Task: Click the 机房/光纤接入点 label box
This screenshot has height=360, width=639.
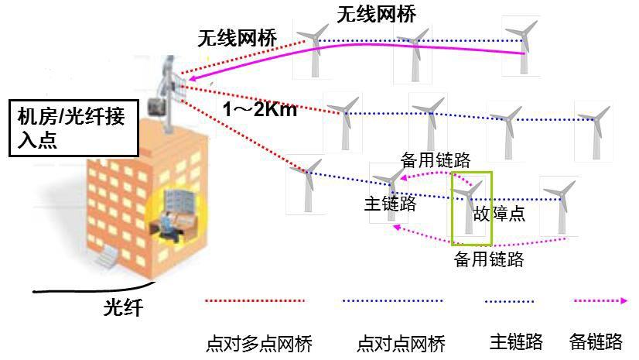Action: pyautogui.click(x=73, y=128)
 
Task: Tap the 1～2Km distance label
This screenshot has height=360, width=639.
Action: pyautogui.click(x=260, y=109)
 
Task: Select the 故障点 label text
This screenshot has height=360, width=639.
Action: pyautogui.click(x=499, y=213)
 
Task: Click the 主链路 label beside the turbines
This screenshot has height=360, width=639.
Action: pyautogui.click(x=390, y=204)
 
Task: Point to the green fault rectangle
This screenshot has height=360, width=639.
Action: pyautogui.click(x=472, y=208)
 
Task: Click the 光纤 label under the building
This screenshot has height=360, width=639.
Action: pyautogui.click(x=123, y=307)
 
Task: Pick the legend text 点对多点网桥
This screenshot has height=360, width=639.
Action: pyautogui.click(x=259, y=343)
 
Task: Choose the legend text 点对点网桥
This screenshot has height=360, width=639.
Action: pyautogui.click(x=401, y=343)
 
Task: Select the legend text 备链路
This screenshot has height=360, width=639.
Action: pyautogui.click(x=596, y=341)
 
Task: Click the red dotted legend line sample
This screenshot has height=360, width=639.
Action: pyautogui.click(x=255, y=301)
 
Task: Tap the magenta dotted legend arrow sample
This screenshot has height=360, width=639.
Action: pyautogui.click(x=600, y=301)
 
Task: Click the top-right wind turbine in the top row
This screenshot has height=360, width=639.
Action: pyautogui.click(x=521, y=46)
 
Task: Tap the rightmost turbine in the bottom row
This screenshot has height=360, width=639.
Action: pyautogui.click(x=559, y=206)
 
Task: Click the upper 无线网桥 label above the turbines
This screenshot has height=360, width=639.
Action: pyautogui.click(x=376, y=15)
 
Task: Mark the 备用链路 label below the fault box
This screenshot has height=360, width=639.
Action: pyautogui.click(x=489, y=259)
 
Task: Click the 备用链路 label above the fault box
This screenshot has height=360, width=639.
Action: pyautogui.click(x=436, y=159)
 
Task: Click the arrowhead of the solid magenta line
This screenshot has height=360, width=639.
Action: pyautogui.click(x=193, y=78)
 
